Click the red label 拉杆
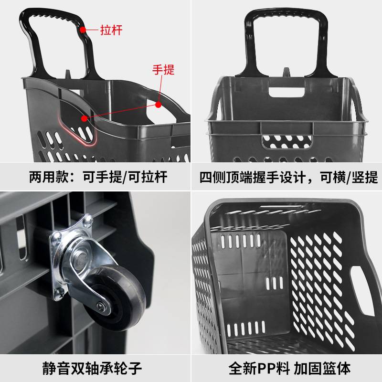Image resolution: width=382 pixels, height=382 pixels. (x=111, y=30)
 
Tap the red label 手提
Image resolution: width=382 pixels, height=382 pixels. (x=163, y=70)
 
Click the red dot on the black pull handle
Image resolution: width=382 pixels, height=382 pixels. (x=83, y=30)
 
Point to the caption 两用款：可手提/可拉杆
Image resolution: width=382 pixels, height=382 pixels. (x=95, y=177)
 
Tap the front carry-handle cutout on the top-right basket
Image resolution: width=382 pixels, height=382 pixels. (x=286, y=140)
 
